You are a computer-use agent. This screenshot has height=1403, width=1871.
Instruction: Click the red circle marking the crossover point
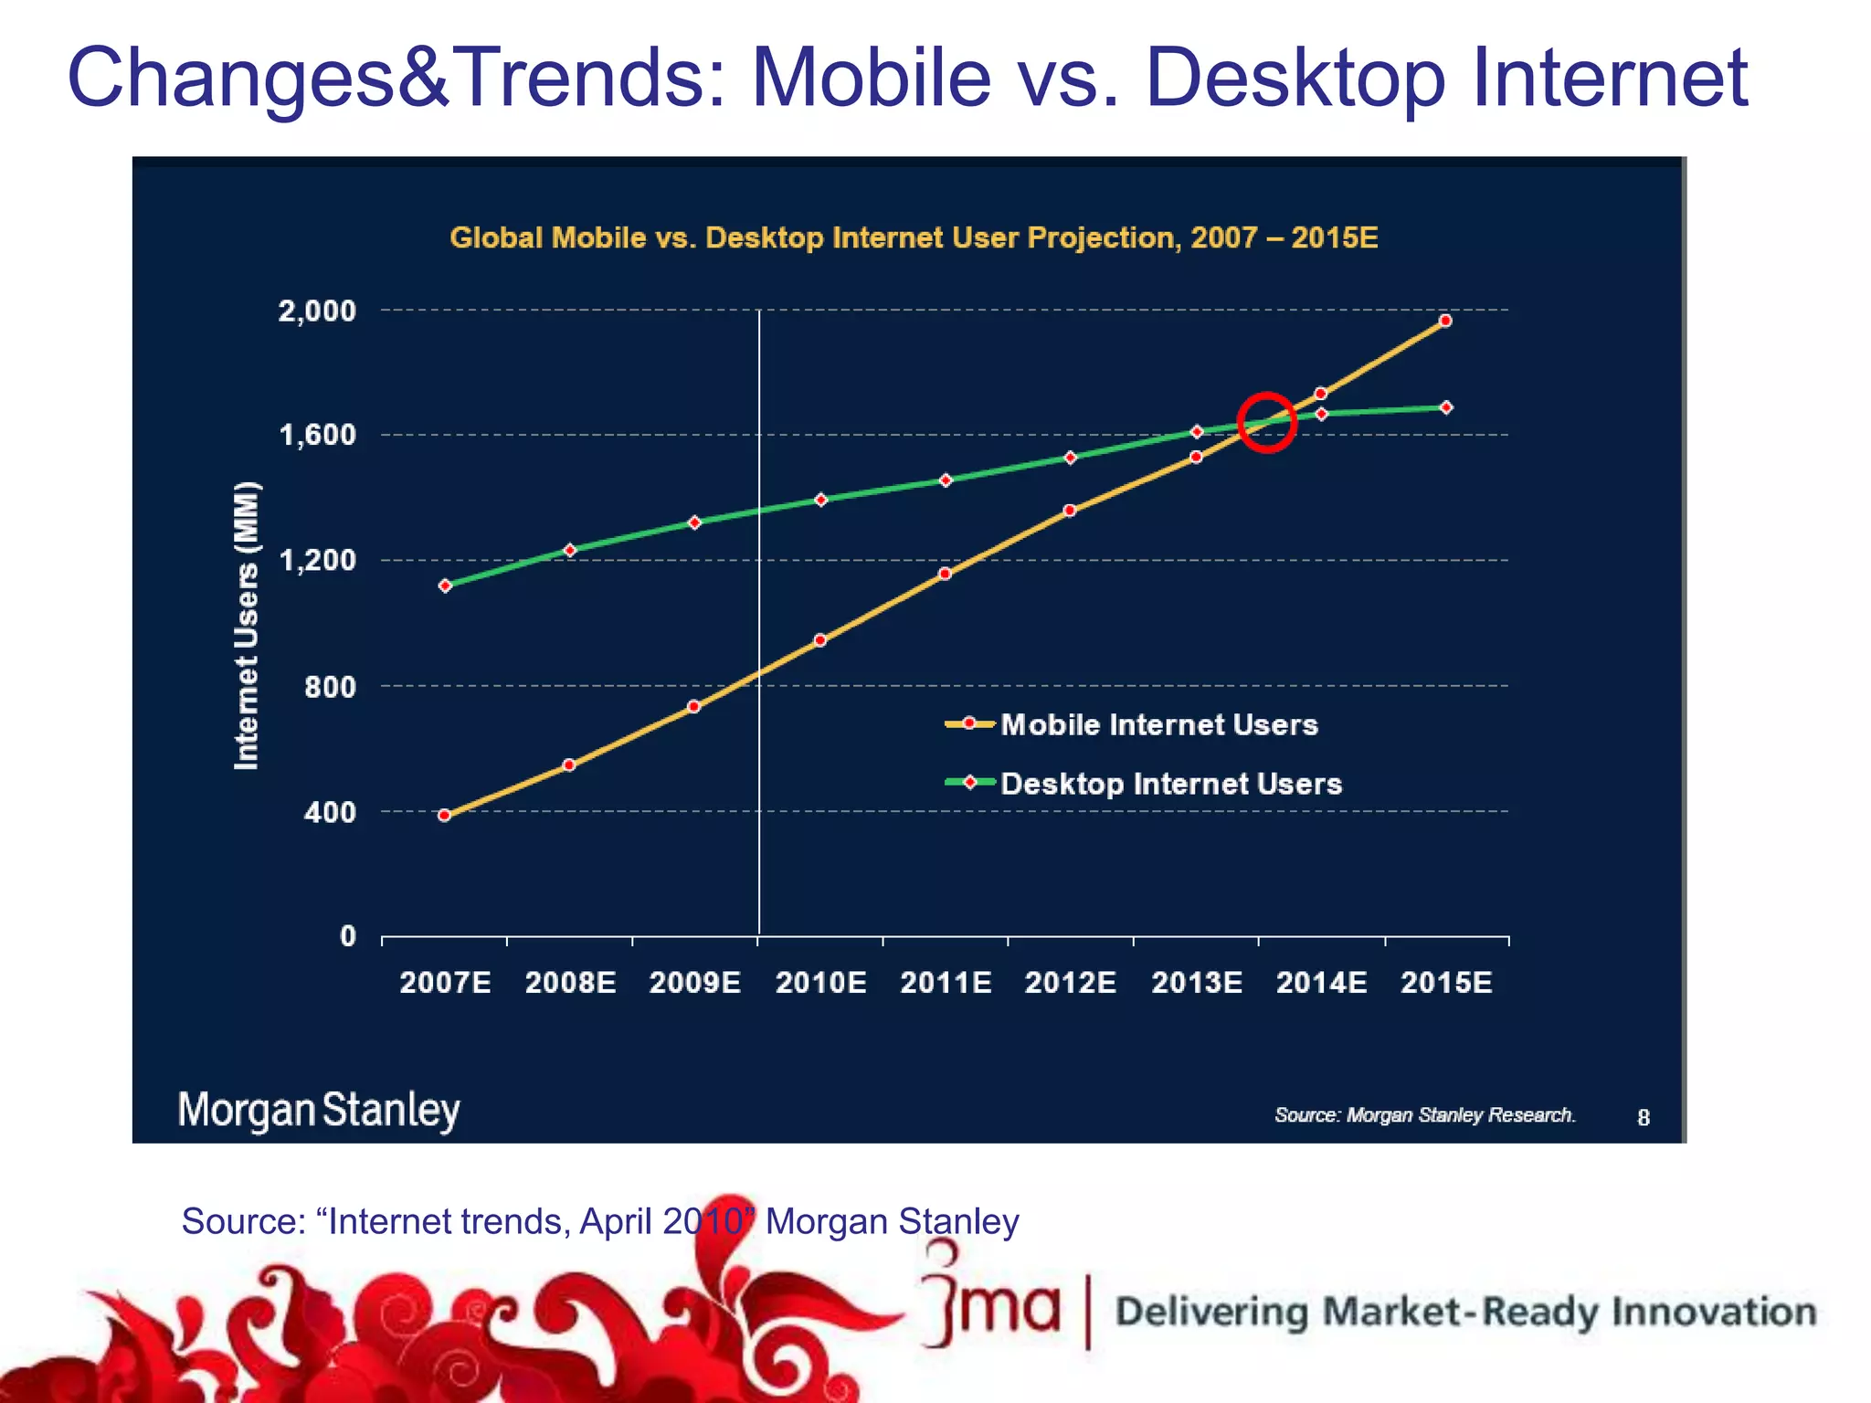pyautogui.click(x=1267, y=422)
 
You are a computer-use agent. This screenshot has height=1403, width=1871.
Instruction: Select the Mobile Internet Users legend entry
pyautogui.click(x=1158, y=724)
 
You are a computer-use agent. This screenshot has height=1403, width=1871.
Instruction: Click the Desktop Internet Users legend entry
pyautogui.click(x=1170, y=784)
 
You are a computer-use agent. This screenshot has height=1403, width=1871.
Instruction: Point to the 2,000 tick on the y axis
pyautogui.click(x=316, y=311)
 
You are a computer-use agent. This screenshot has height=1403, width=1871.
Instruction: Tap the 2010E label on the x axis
pyautogui.click(x=820, y=983)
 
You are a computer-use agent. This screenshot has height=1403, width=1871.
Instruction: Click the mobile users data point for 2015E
pyautogui.click(x=1445, y=321)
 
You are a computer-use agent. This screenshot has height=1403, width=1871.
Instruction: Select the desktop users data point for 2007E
pyautogui.click(x=445, y=585)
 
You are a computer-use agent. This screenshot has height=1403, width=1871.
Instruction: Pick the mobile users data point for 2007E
pyautogui.click(x=445, y=816)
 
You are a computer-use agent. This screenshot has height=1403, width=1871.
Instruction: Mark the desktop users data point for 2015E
pyautogui.click(x=1446, y=407)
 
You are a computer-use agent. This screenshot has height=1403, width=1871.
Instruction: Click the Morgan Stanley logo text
pyautogui.click(x=319, y=1111)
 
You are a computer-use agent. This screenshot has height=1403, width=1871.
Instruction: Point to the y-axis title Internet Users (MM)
pyautogui.click(x=247, y=626)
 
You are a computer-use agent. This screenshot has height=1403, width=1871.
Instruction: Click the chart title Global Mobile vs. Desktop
pyautogui.click(x=914, y=237)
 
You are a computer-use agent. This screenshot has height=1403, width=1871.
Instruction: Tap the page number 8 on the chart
pyautogui.click(x=1643, y=1118)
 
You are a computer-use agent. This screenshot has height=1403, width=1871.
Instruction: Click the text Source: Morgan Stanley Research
pyautogui.click(x=1424, y=1115)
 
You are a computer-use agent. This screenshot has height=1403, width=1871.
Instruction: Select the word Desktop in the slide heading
pyautogui.click(x=1295, y=78)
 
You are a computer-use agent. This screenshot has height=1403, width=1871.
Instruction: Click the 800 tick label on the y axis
pyautogui.click(x=330, y=687)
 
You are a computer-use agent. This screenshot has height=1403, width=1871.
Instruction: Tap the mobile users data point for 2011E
pyautogui.click(x=945, y=574)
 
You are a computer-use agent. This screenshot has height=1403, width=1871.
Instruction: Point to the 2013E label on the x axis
pyautogui.click(x=1196, y=983)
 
